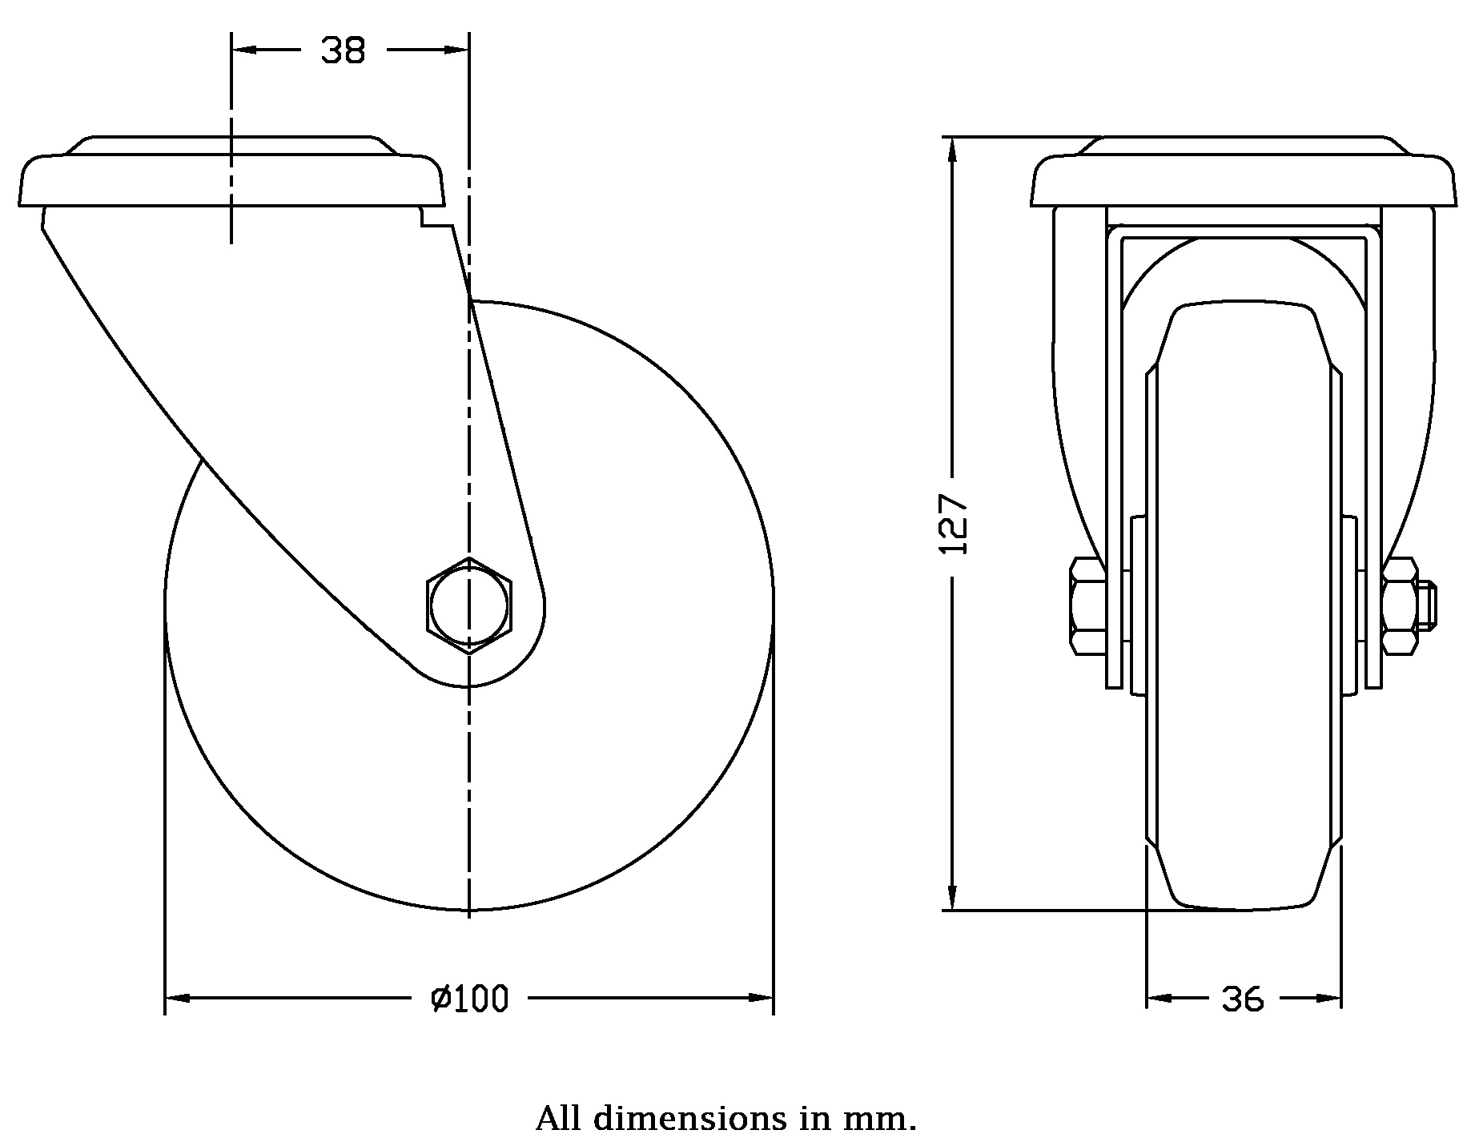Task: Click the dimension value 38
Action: [343, 51]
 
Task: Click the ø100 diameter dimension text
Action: [470, 999]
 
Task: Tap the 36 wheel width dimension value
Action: [1243, 999]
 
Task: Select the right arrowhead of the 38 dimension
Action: [456, 50]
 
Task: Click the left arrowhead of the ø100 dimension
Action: [177, 999]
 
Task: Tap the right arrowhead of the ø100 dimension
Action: [761, 999]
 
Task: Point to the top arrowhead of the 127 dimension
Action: [952, 151]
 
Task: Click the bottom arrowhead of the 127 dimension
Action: [952, 898]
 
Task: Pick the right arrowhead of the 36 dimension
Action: [1329, 999]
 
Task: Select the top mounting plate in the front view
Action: [1243, 171]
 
